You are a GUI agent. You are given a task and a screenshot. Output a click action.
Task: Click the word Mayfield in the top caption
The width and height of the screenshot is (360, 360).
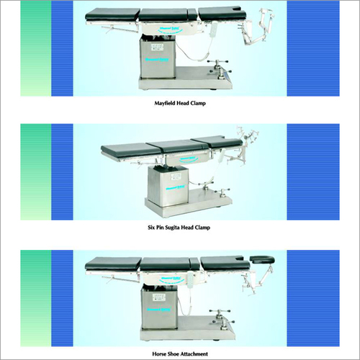tap(160, 104)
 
